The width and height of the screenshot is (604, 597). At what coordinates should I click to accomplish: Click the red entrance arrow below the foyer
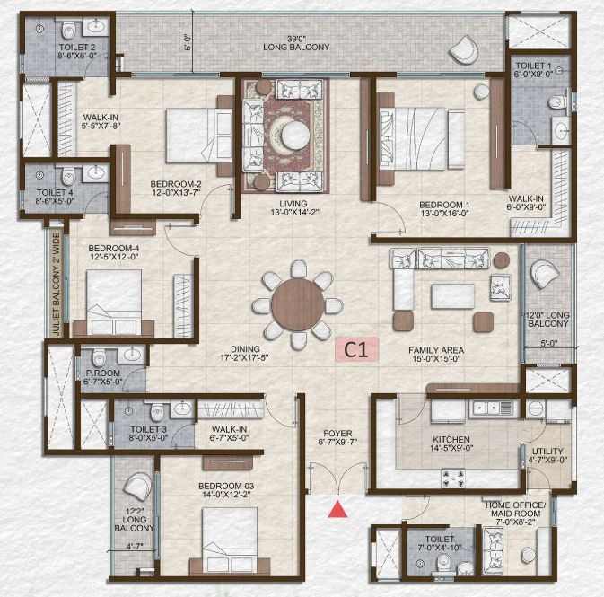pos(337,509)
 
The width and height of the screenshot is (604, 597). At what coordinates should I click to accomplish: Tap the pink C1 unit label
pos(356,349)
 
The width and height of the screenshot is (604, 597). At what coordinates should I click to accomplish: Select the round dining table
pos(297,304)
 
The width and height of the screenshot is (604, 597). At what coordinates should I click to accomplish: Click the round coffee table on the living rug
pos(295,136)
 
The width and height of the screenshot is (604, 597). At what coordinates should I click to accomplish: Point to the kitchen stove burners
pos(453,478)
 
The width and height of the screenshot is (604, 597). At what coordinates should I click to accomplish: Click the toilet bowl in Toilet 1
pos(556,102)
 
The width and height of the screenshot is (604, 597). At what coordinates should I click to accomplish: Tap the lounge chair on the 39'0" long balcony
pos(464,49)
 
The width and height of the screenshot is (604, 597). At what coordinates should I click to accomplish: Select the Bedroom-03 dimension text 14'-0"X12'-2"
pos(225,494)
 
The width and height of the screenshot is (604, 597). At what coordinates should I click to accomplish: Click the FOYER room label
pos(337,434)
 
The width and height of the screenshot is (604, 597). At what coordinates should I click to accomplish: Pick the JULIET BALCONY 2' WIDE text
pos(57,285)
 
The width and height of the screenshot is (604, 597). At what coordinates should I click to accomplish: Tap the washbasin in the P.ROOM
pos(132,354)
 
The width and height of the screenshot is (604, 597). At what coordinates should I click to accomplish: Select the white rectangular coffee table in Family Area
pos(452,296)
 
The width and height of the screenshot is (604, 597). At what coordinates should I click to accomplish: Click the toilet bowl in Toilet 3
pos(158,412)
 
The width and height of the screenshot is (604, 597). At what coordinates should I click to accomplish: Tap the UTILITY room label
pos(547,452)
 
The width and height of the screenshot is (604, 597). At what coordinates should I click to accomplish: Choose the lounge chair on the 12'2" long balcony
pos(137,487)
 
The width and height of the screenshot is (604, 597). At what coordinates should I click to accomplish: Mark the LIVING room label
pos(293,204)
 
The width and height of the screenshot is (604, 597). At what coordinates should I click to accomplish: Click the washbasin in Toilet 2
pos(96,27)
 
